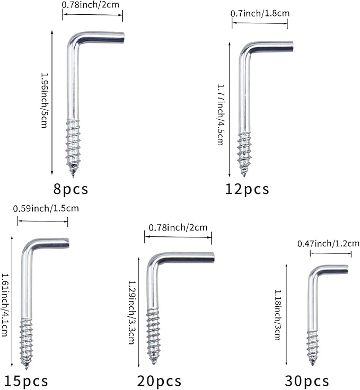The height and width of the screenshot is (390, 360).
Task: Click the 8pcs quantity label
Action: [71, 189]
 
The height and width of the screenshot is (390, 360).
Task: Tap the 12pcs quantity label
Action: [247, 189]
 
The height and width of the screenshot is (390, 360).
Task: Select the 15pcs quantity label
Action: [26, 381]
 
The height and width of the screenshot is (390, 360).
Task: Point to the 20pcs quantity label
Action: [159, 381]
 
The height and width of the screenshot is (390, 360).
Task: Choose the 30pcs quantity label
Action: [307, 381]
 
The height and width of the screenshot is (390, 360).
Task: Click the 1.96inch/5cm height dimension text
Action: [45, 100]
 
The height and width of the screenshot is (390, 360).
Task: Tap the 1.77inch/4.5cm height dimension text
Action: [221, 114]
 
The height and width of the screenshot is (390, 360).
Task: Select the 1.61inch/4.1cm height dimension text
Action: [5, 305]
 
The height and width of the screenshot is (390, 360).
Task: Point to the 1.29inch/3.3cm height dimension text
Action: [131, 313]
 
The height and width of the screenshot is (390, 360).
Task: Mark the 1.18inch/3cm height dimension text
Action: [277, 315]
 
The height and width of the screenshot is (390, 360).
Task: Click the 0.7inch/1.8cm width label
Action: [260, 13]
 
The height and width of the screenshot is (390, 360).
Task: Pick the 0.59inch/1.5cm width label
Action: [46, 208]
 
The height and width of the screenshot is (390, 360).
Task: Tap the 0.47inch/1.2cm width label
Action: [328, 244]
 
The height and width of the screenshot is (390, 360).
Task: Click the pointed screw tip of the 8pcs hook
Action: [73, 175]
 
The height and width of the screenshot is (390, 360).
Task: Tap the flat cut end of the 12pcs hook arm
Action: [292, 47]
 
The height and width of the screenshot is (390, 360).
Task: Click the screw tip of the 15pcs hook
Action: [26, 367]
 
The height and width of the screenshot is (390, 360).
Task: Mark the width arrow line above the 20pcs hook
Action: [178, 237]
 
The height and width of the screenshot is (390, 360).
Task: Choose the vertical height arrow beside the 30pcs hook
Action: [286, 315]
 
